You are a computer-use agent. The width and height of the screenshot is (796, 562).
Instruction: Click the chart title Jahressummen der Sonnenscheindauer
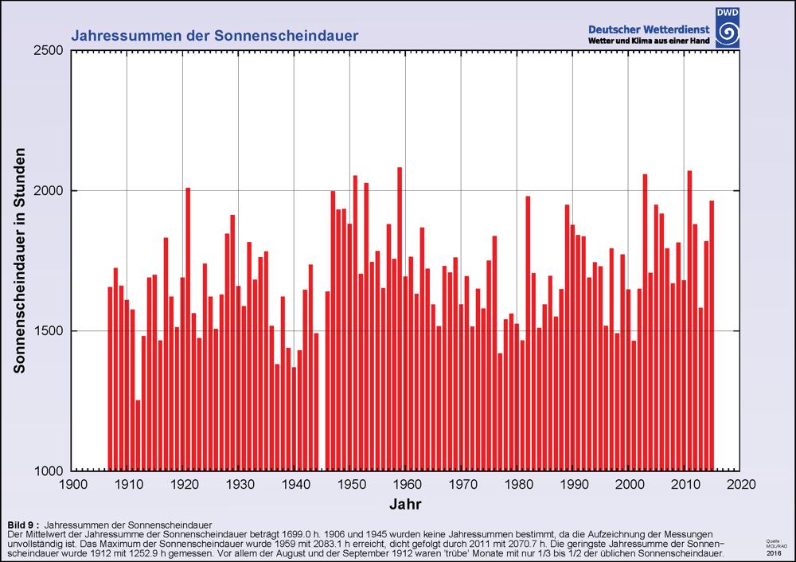point(215,36)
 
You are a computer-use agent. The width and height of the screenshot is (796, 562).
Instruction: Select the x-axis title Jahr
point(406,504)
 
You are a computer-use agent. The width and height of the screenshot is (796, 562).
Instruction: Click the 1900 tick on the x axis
point(72,484)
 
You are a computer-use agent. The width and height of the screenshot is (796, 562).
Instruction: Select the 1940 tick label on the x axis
point(295,484)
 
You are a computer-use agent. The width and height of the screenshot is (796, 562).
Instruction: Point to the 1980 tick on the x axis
point(518,484)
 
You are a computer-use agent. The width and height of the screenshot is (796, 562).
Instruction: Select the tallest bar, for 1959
point(400,318)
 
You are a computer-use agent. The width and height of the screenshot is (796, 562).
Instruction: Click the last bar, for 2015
point(712,335)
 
